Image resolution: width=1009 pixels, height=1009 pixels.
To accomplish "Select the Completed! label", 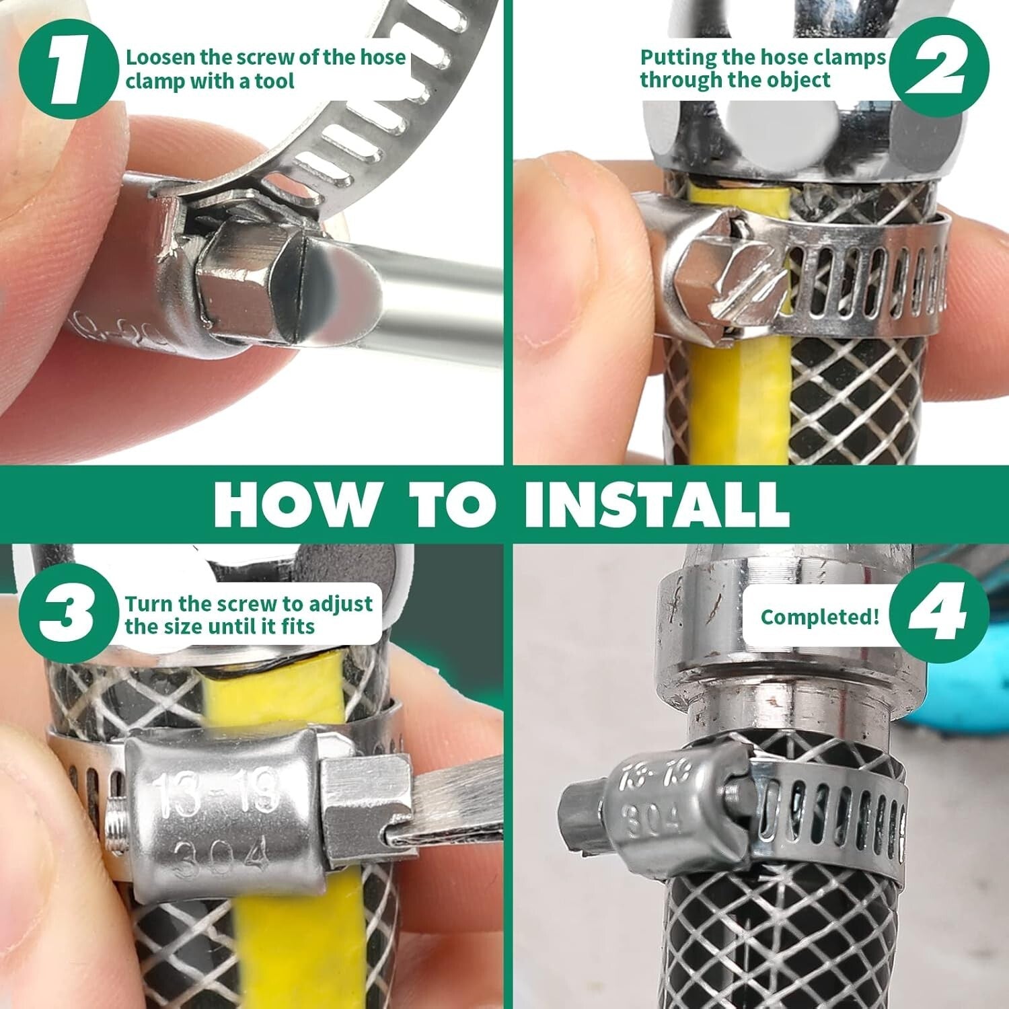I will click(x=819, y=616).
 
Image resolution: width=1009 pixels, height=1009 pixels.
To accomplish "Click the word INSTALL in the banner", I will click(x=656, y=502).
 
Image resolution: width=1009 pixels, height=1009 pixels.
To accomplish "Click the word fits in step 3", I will click(x=297, y=627).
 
